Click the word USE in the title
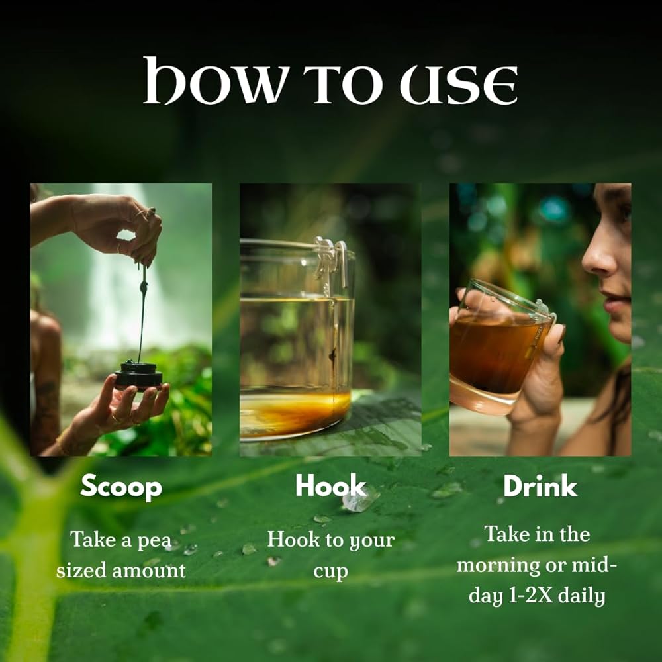point(459,85)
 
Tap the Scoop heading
point(121,487)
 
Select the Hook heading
point(330,485)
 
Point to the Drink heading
point(540,486)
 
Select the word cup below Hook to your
point(330,572)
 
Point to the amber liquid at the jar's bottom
point(295,413)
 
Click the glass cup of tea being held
point(499,347)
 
